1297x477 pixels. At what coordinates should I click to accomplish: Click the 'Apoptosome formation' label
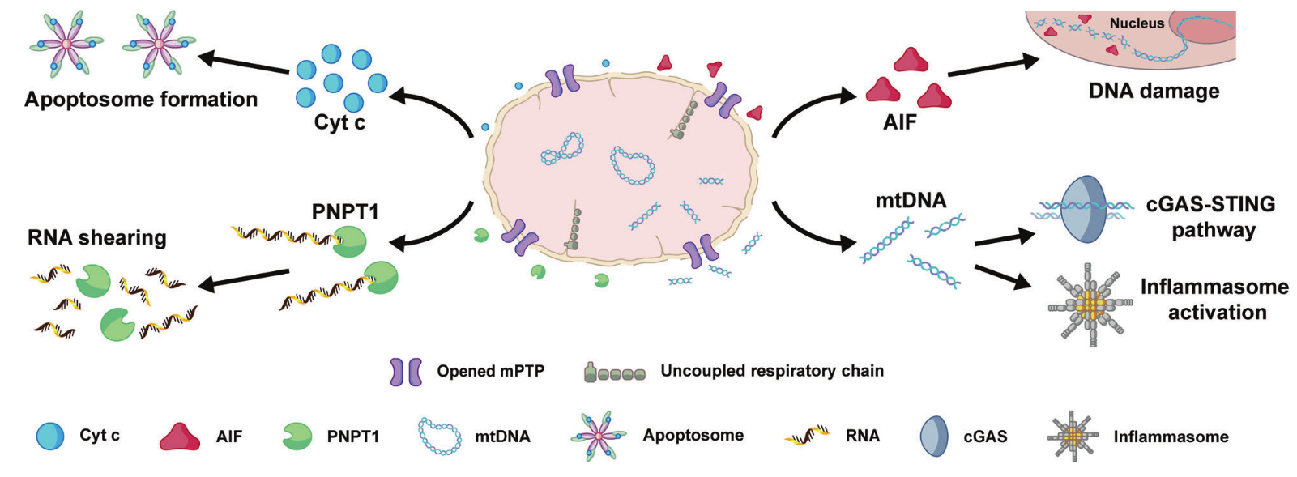tap(141, 99)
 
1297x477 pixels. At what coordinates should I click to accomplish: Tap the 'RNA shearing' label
tap(97, 237)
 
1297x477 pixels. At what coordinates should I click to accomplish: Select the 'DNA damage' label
tap(1154, 91)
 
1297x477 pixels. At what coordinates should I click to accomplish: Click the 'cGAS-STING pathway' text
tap(1211, 216)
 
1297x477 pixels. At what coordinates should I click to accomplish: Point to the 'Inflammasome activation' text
tap(1214, 299)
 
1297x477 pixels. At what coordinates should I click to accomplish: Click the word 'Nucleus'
tap(1137, 23)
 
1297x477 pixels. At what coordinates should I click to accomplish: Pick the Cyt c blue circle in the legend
tap(50, 436)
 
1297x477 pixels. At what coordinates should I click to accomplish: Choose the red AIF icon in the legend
tap(179, 437)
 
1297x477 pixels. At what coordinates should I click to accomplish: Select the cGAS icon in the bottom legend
tap(934, 436)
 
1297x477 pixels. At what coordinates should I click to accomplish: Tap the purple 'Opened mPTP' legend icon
tap(406, 372)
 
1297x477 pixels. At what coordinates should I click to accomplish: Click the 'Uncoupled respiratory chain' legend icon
tap(615, 373)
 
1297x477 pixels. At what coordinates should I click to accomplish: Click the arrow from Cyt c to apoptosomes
tap(244, 64)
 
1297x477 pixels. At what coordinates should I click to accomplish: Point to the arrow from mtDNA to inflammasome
tap(1004, 276)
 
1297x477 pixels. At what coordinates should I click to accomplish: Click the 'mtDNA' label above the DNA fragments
tap(911, 200)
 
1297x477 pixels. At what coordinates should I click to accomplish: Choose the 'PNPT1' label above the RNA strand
tap(345, 211)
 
